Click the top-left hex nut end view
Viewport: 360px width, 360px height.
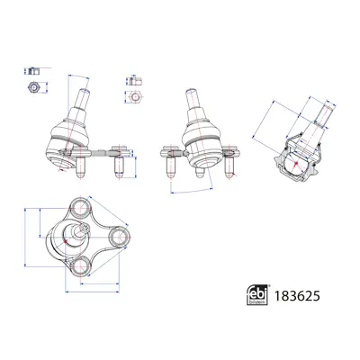[x=32, y=87]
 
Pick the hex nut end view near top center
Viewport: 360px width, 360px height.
[x=136, y=96]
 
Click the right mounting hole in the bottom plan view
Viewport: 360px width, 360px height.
[x=116, y=238]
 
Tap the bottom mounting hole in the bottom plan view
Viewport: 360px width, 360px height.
[x=80, y=266]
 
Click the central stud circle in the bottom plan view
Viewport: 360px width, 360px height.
[x=74, y=236]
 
